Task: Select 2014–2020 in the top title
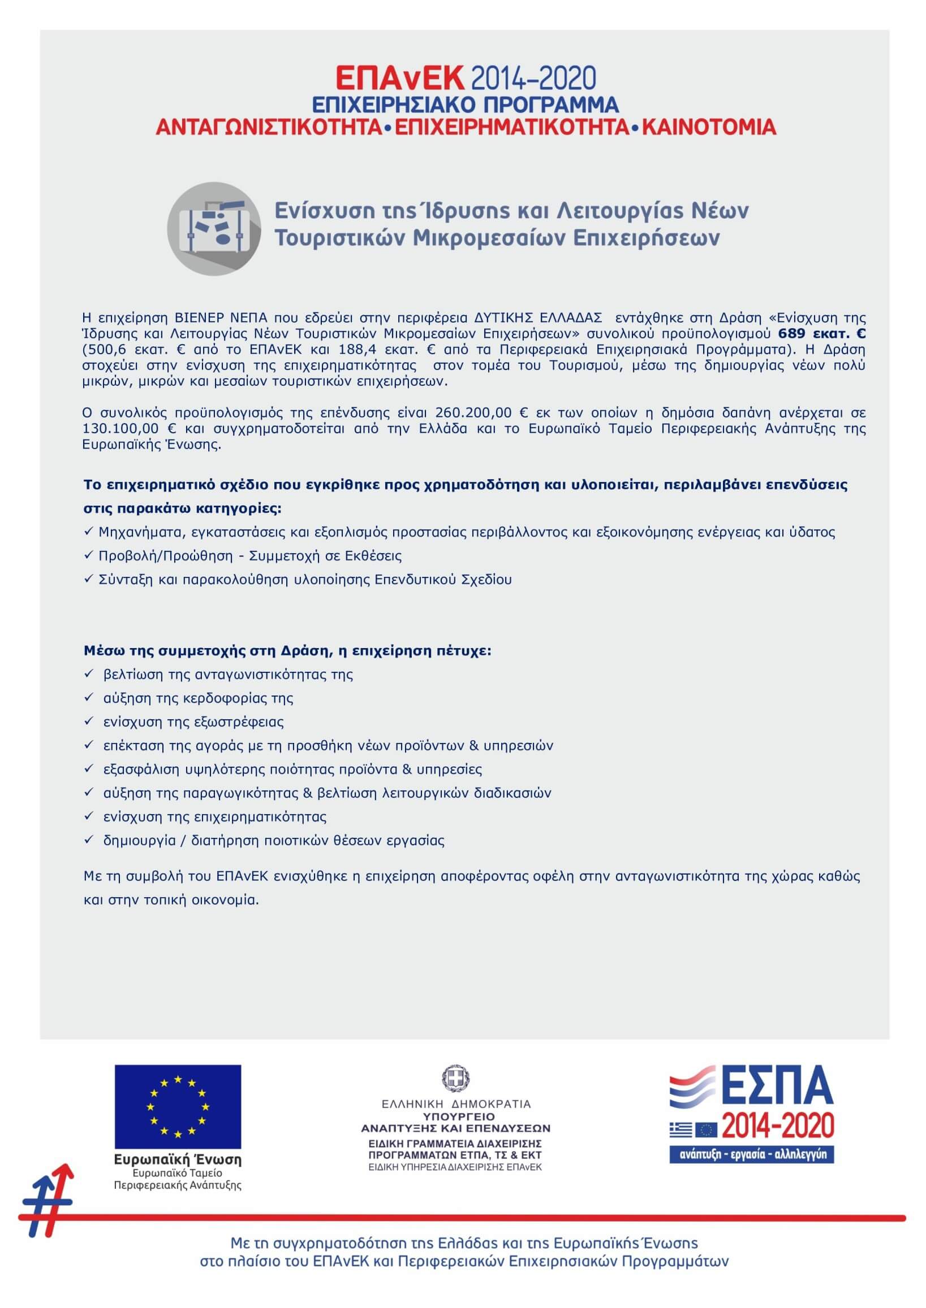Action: click(x=532, y=79)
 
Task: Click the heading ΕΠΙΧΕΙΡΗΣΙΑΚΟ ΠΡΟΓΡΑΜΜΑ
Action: click(x=466, y=105)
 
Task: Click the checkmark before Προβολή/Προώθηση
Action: click(x=88, y=555)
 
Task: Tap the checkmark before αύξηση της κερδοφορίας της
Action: click(x=88, y=697)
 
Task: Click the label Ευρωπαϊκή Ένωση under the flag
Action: click(x=178, y=1160)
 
